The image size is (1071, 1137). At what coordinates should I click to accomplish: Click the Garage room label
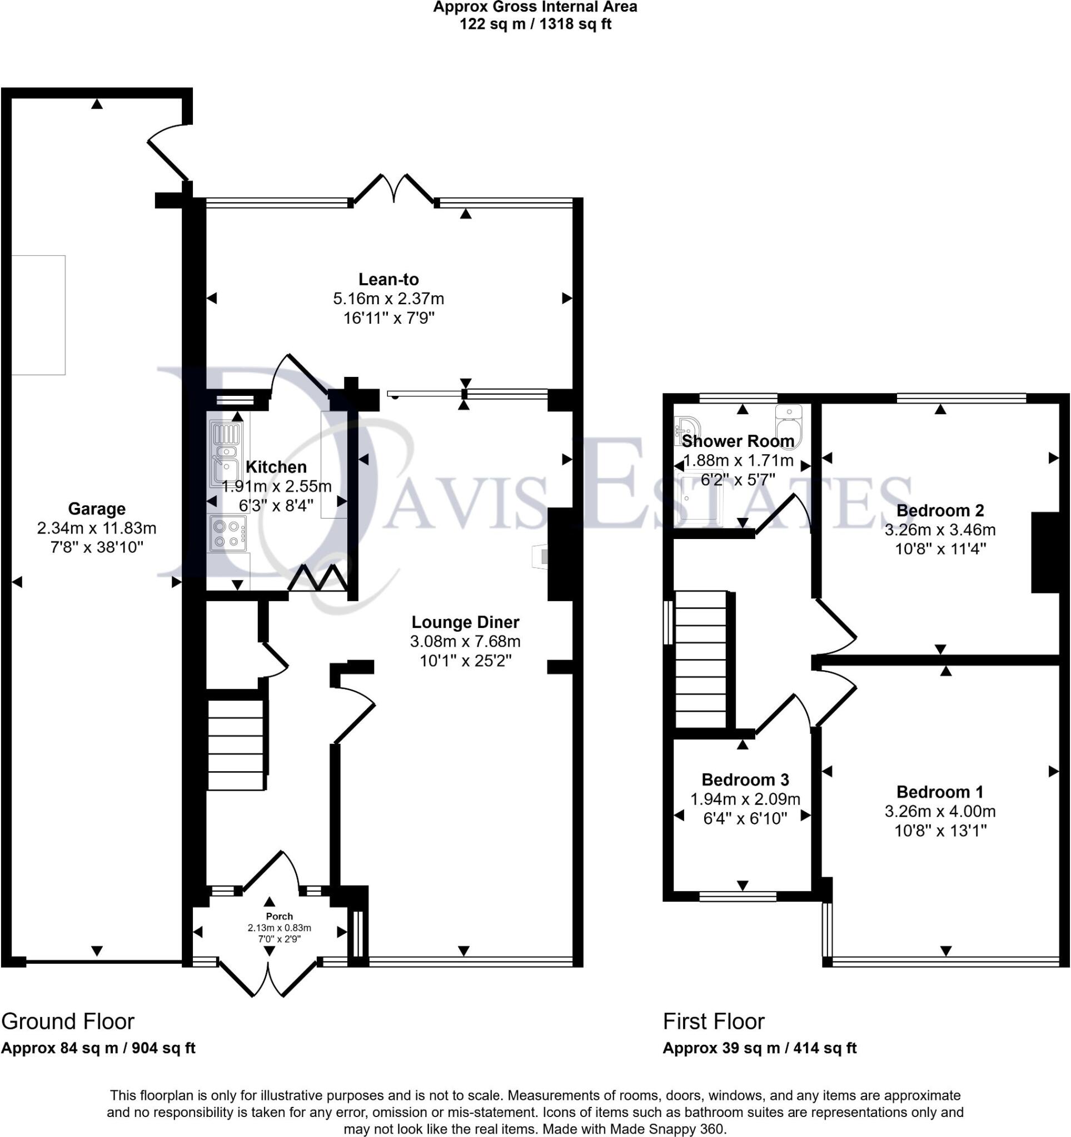(x=96, y=509)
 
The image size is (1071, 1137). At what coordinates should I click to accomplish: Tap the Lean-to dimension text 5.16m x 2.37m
(x=388, y=299)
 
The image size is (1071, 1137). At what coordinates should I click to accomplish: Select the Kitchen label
(x=276, y=467)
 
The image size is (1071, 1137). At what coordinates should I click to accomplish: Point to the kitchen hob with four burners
(x=227, y=532)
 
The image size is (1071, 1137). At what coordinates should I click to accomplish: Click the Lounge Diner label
(x=465, y=622)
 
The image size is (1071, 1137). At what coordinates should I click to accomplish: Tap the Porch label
(x=280, y=915)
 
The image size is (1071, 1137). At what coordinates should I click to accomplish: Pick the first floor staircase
(x=701, y=659)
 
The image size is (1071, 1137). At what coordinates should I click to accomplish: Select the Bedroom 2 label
(x=940, y=510)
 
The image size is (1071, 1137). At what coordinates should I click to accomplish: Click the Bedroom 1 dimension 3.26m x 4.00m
(x=940, y=811)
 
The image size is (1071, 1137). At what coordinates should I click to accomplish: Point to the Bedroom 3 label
(x=745, y=779)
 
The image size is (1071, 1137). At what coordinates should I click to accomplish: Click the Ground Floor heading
(x=68, y=1022)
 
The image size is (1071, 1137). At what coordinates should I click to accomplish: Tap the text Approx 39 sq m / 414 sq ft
(x=760, y=1048)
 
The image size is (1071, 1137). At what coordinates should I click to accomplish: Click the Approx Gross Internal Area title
(x=535, y=7)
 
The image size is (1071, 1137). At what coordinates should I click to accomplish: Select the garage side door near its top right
(x=168, y=152)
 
